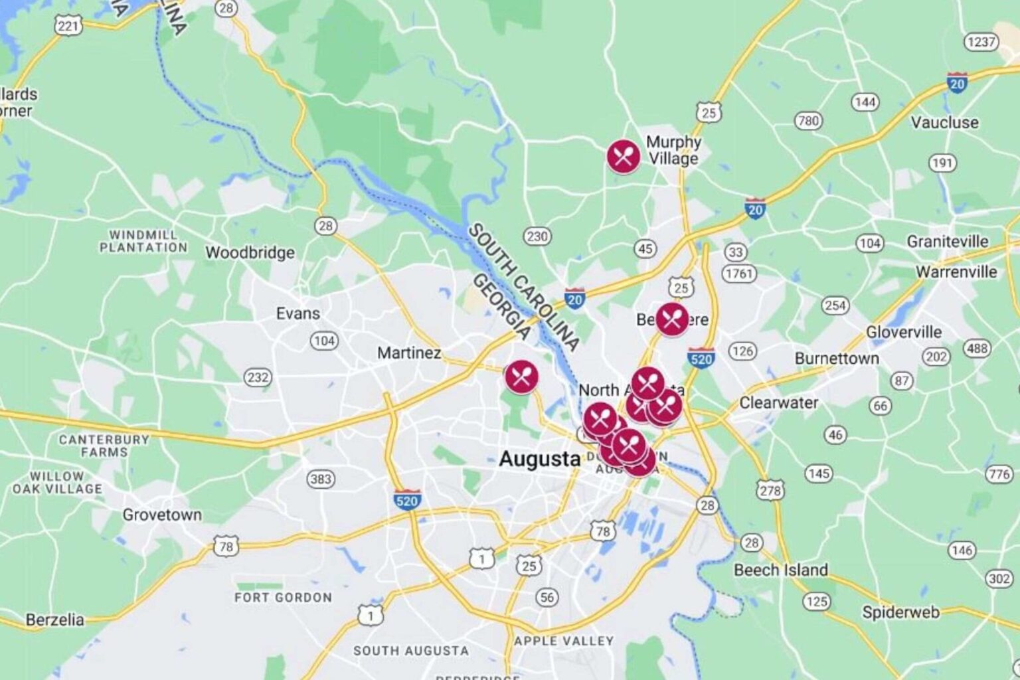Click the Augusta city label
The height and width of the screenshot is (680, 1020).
click(539, 459)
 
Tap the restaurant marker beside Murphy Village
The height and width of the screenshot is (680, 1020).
click(623, 156)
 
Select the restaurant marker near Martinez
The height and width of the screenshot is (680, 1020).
click(521, 377)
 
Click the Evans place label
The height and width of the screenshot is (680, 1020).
click(297, 313)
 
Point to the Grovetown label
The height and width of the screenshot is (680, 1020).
click(162, 515)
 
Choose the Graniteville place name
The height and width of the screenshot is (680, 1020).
click(947, 241)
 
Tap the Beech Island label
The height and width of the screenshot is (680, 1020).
click(780, 570)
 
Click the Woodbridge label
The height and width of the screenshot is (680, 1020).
click(250, 252)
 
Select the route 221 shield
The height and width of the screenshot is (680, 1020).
click(68, 26)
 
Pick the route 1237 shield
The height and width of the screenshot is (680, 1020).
click(981, 42)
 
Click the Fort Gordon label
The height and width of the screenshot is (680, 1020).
click(283, 597)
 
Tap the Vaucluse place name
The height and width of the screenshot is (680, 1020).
click(944, 122)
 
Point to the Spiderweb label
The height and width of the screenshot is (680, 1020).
click(900, 612)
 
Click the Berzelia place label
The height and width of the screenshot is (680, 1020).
click(54, 620)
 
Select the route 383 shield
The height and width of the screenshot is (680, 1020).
click(321, 479)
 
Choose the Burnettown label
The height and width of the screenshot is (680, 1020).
click(837, 359)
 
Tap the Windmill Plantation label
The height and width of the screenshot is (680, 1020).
click(143, 241)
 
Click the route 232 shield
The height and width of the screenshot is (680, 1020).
click(258, 377)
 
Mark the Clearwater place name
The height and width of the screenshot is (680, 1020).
click(778, 402)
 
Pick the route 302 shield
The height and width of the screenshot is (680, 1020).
click(999, 578)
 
